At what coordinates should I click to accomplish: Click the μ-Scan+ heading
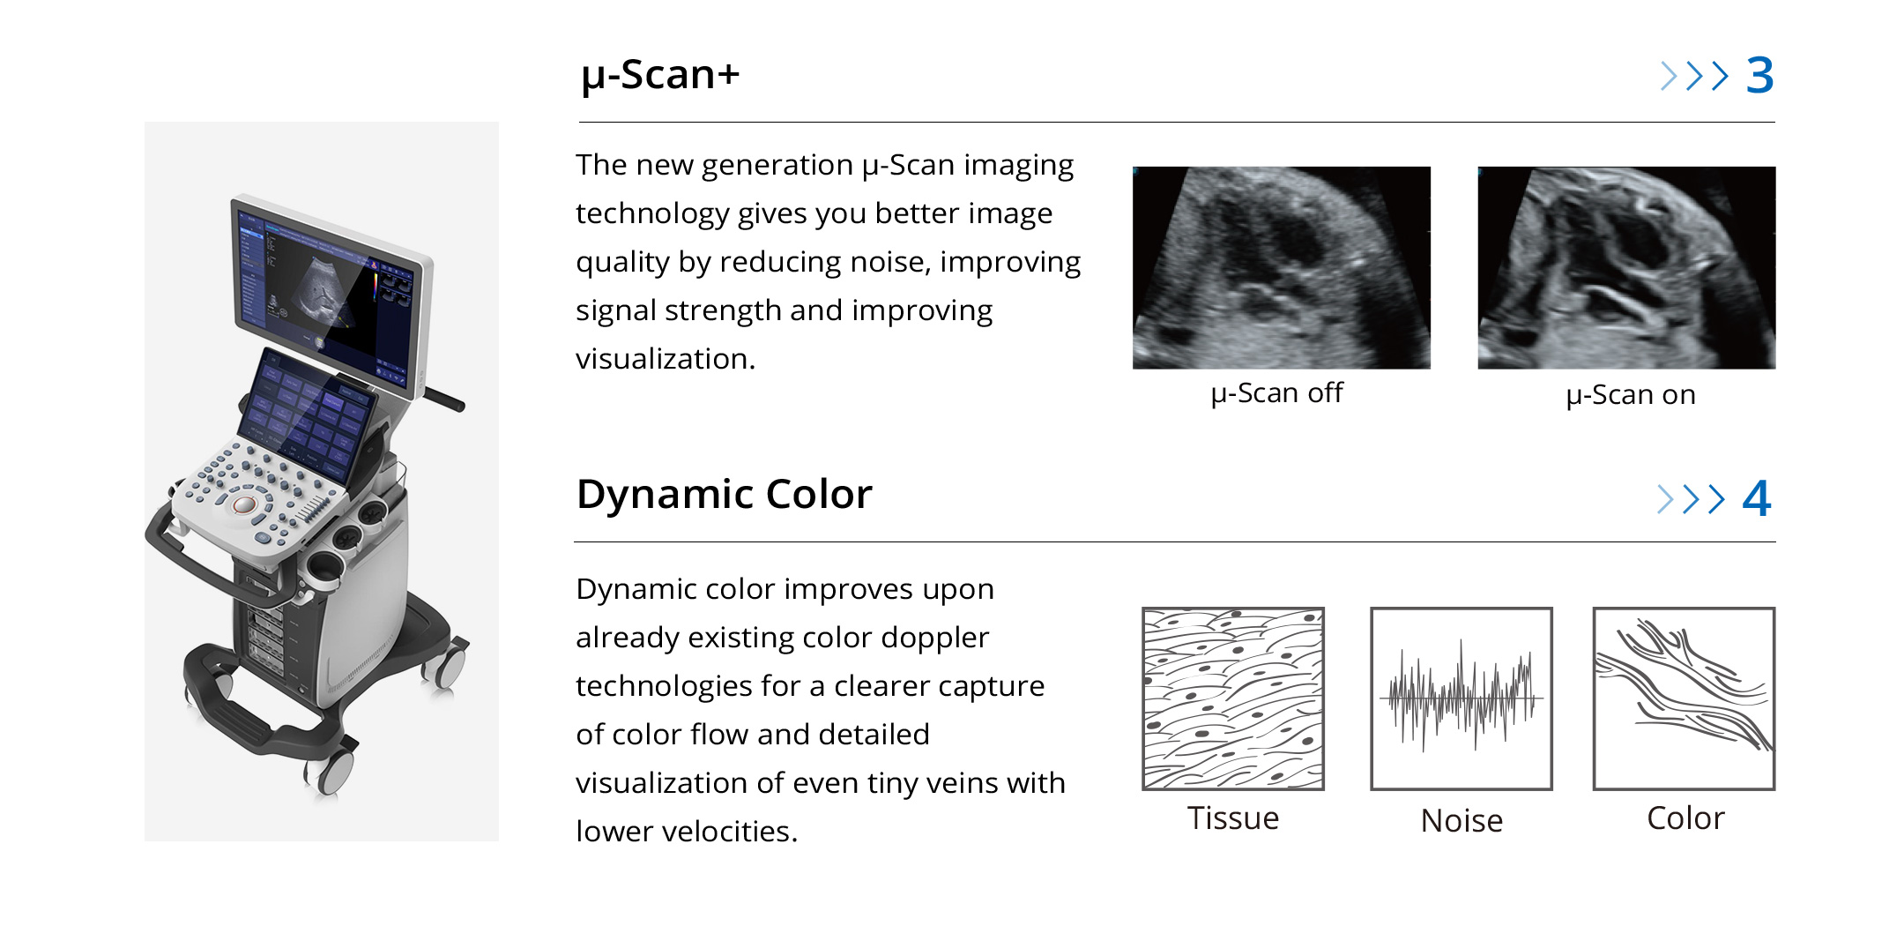[660, 74]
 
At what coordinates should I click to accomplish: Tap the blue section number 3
[1759, 76]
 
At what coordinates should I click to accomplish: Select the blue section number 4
[1756, 498]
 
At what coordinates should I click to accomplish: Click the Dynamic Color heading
[724, 494]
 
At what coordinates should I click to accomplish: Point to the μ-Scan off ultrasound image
[1281, 267]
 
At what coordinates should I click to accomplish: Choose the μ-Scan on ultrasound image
[1626, 267]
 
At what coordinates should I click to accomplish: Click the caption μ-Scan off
[1276, 393]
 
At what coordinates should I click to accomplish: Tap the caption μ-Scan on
[1631, 395]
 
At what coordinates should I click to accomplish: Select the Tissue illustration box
[1233, 698]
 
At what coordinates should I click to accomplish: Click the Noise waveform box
[1461, 698]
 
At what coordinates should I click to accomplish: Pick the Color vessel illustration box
[1684, 698]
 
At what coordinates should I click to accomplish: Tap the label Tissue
[1232, 818]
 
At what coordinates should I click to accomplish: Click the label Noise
[1461, 821]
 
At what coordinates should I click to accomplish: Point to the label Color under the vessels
[1685, 818]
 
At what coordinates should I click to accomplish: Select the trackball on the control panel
[244, 505]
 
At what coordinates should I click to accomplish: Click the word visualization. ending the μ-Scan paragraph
[666, 359]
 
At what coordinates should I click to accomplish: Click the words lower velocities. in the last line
[687, 832]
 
